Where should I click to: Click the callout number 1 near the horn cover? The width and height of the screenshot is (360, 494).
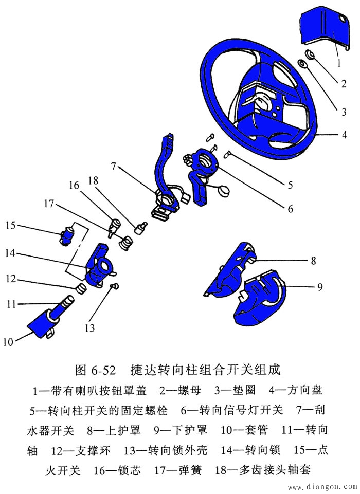[339, 63]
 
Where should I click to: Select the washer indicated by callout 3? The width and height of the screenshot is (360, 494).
[303, 64]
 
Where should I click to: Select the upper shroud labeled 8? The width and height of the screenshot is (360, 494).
[234, 270]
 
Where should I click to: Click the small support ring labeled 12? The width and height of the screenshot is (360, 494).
[81, 287]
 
